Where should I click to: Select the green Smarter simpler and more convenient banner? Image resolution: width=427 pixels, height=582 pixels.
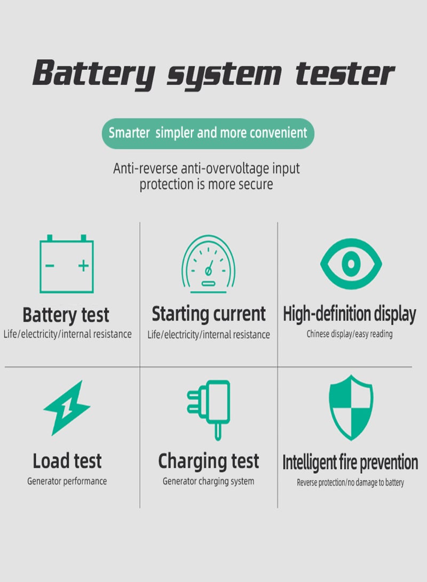tap(208, 133)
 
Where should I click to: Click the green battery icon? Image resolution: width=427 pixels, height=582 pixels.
tap(67, 265)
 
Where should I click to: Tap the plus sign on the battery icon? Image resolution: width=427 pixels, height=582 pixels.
tap(83, 265)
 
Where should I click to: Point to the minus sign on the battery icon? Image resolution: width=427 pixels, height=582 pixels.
tap(50, 265)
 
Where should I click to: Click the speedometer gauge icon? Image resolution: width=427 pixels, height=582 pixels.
tap(208, 265)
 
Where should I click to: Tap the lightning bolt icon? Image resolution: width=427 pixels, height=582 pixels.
tap(67, 408)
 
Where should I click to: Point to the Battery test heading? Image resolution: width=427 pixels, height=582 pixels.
tap(66, 315)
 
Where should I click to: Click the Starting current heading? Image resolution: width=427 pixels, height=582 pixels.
tap(208, 314)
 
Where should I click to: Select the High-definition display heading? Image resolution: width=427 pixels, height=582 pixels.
tap(349, 314)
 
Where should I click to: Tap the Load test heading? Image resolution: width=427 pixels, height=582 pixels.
tap(67, 461)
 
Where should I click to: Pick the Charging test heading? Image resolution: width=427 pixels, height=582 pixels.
tap(208, 461)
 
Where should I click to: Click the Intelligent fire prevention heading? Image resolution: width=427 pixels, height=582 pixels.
tap(350, 462)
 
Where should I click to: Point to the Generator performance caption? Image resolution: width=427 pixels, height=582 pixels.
tap(67, 481)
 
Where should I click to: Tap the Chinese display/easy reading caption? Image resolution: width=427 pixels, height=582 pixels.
tap(349, 334)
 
